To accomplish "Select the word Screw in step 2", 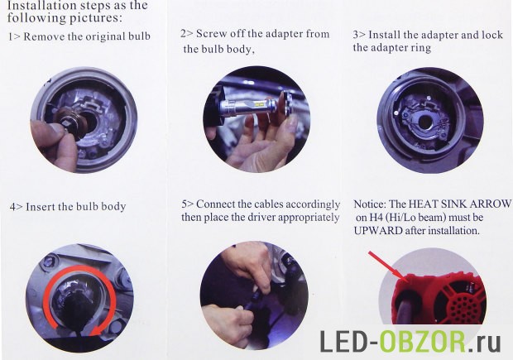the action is tap(211, 34).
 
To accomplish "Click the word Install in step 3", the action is tap(385, 35).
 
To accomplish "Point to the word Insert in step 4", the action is tap(41, 207).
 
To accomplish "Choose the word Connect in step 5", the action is tap(216, 204).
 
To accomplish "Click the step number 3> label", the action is tap(359, 35).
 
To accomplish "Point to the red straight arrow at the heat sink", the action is tap(387, 266).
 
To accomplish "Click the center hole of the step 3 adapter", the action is tap(426, 122).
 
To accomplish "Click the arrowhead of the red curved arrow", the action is tap(95, 330).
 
